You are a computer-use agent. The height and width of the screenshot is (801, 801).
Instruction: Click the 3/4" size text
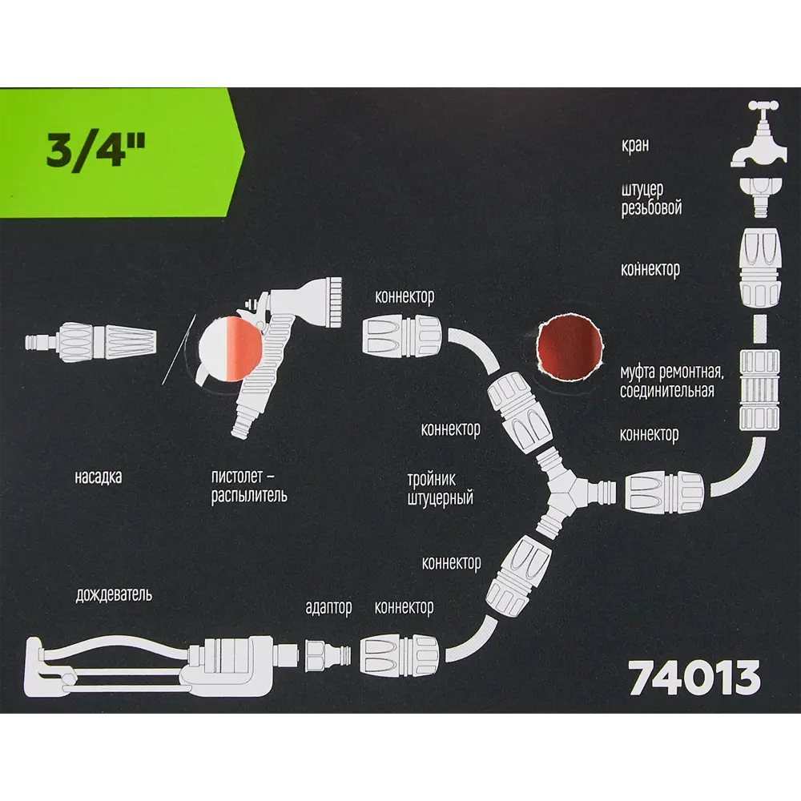click(x=95, y=151)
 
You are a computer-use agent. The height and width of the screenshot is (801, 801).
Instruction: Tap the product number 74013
click(x=694, y=678)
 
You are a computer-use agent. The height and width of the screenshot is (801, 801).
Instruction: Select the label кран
click(x=635, y=145)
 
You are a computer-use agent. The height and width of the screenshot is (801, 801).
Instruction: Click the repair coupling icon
click(x=759, y=388)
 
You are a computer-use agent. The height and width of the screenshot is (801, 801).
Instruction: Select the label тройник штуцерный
click(x=440, y=489)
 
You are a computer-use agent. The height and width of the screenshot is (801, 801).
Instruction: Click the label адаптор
click(x=328, y=607)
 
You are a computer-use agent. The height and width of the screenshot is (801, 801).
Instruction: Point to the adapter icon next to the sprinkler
click(x=328, y=654)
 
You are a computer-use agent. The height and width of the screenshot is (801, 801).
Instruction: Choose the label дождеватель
click(x=114, y=594)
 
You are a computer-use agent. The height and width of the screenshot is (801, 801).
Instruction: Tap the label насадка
click(x=98, y=477)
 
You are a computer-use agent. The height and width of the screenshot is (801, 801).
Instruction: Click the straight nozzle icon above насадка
click(x=91, y=341)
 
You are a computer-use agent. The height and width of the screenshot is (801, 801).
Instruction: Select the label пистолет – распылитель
click(x=249, y=487)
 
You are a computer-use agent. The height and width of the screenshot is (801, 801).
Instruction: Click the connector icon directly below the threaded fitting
click(x=760, y=268)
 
